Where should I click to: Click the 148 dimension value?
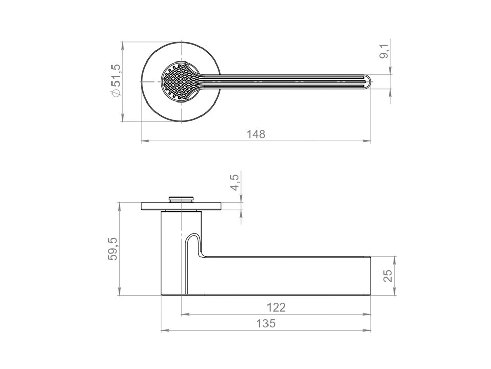[x=256, y=134]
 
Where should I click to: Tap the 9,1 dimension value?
[x=385, y=51]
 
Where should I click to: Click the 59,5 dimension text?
[x=113, y=249]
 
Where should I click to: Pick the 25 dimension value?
[x=388, y=276]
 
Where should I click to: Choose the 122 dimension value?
[x=276, y=307]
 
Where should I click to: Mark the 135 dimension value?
[x=265, y=323]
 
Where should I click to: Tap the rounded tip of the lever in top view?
[x=368, y=81]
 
